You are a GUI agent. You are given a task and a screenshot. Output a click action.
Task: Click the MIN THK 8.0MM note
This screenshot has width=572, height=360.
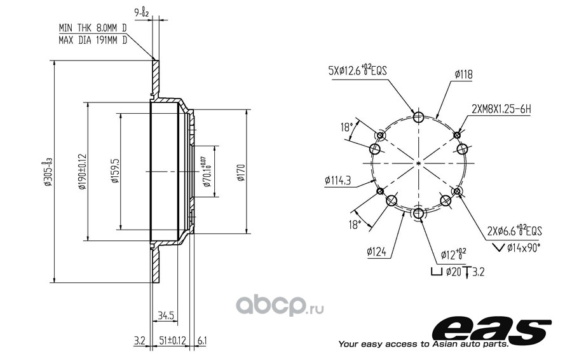tap(93, 28)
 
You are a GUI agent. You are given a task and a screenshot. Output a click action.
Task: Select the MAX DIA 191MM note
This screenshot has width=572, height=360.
tap(93, 39)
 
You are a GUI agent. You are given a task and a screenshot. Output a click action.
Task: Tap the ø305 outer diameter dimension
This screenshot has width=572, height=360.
tap(48, 172)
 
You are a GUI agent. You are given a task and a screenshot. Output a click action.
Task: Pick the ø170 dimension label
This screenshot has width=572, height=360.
tap(241, 172)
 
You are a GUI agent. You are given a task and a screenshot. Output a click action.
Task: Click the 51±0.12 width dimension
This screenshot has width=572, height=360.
tap(173, 341)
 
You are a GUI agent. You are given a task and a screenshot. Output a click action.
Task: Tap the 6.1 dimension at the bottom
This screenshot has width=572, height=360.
tap(201, 341)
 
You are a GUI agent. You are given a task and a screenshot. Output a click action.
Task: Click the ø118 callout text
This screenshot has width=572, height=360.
tap(464, 74)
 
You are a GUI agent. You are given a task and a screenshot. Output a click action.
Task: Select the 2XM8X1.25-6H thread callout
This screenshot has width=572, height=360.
tap(501, 109)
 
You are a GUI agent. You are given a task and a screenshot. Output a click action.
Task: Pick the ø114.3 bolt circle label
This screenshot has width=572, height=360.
tap(337, 181)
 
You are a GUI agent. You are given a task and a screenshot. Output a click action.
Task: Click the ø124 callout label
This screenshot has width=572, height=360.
tap(377, 252)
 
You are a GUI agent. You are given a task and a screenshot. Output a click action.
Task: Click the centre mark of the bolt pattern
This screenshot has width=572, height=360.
tap(419, 164)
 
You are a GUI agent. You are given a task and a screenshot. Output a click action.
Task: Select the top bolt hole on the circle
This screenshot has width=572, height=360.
tap(419, 118)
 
